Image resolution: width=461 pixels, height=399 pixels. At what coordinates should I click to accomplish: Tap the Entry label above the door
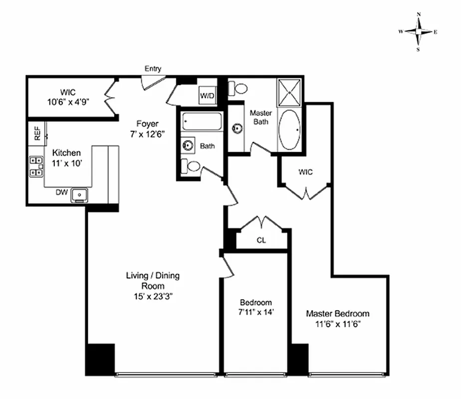153,69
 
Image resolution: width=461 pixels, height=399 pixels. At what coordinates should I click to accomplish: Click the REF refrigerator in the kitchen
37,133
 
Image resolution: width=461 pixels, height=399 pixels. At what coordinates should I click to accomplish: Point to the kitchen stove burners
36,167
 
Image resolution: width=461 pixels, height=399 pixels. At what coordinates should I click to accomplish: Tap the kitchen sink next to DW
79,195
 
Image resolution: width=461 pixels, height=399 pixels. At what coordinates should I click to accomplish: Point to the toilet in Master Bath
238,89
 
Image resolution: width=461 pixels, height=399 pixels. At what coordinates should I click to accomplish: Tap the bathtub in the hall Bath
202,121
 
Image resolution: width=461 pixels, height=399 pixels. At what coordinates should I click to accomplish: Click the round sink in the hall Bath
189,146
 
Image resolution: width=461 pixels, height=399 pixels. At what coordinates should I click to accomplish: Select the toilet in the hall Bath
191,166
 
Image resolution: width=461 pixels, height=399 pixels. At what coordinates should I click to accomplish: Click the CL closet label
261,240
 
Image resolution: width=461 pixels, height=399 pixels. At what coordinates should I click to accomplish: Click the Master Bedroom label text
338,314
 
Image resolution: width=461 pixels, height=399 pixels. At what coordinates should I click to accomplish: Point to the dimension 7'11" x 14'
256,312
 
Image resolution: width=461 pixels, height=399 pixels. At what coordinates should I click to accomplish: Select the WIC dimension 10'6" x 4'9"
67,102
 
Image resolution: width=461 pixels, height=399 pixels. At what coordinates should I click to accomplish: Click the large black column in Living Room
100,359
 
